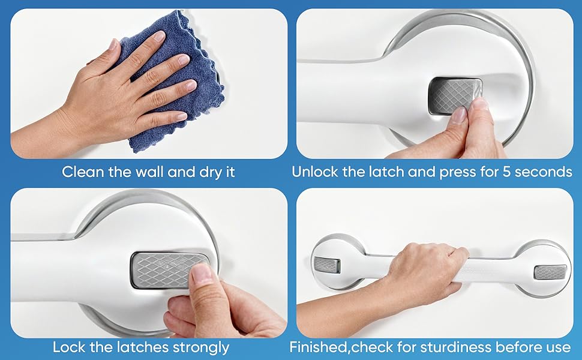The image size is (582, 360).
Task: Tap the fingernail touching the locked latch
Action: tap(202, 274)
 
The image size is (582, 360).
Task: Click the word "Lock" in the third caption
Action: tap(67, 347)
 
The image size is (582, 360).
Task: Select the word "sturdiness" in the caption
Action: tap(458, 347)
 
